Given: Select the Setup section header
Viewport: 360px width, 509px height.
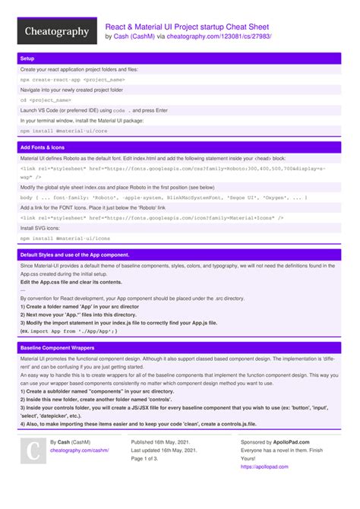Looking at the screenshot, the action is [27, 58].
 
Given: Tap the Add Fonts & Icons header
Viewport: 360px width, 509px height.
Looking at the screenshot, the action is [42, 147].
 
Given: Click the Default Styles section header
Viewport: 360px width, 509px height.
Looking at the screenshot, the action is [74, 254].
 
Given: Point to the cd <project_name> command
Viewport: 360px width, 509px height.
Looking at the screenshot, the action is [46, 100].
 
